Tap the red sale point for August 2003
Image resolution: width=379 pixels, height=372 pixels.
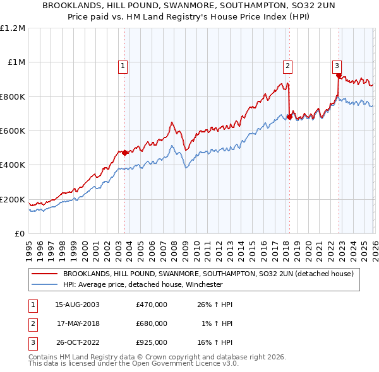[124, 153]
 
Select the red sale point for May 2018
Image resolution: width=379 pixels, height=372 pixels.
[289, 117]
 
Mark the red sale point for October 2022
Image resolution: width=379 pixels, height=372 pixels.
[339, 76]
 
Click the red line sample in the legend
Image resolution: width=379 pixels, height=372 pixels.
[45, 274]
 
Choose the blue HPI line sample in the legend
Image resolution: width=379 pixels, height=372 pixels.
[45, 284]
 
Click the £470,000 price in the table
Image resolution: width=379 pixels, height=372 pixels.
[151, 305]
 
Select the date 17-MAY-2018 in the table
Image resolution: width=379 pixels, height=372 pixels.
[78, 323]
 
